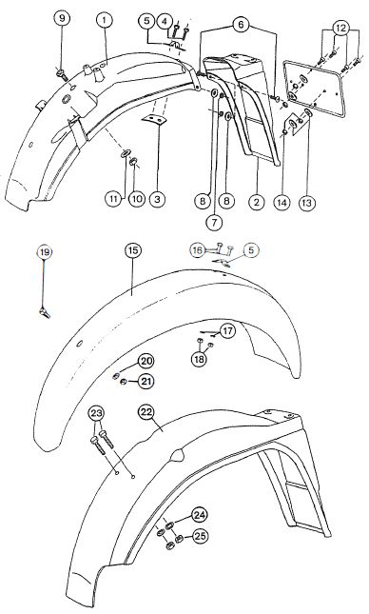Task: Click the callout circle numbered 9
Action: pyautogui.click(x=62, y=18)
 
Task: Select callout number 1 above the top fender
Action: pyautogui.click(x=105, y=20)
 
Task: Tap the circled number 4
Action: pyautogui.click(x=165, y=21)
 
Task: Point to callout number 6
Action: pyautogui.click(x=241, y=25)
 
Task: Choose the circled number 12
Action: pyautogui.click(x=340, y=28)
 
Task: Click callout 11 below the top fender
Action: pyautogui.click(x=113, y=199)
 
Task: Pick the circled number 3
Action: pyautogui.click(x=157, y=199)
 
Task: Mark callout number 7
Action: pyautogui.click(x=214, y=222)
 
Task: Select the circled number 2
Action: pyautogui.click(x=257, y=202)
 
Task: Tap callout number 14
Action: pyautogui.click(x=282, y=202)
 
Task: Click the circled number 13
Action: pyautogui.click(x=307, y=203)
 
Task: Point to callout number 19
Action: pyautogui.click(x=45, y=252)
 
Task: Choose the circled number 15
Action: pyautogui.click(x=133, y=249)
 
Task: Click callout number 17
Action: pyautogui.click(x=227, y=331)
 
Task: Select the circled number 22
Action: pyautogui.click(x=146, y=412)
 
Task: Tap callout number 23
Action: pyautogui.click(x=97, y=413)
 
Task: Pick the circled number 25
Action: pyautogui.click(x=200, y=536)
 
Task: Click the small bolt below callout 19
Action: pyautogui.click(x=44, y=312)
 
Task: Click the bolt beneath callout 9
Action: pyautogui.click(x=62, y=74)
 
